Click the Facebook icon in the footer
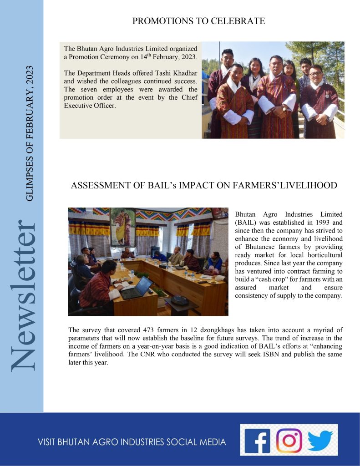(x=256, y=440)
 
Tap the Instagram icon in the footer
(x=289, y=440)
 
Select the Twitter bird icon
(x=320, y=440)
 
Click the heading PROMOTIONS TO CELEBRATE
(x=198, y=21)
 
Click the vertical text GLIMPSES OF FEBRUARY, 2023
(x=30, y=132)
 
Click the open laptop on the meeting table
(x=137, y=289)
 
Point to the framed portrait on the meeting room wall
(x=122, y=226)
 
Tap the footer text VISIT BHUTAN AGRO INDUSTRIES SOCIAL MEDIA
(x=132, y=442)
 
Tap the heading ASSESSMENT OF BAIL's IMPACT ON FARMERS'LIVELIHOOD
(x=204, y=185)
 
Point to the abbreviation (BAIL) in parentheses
(x=246, y=223)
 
